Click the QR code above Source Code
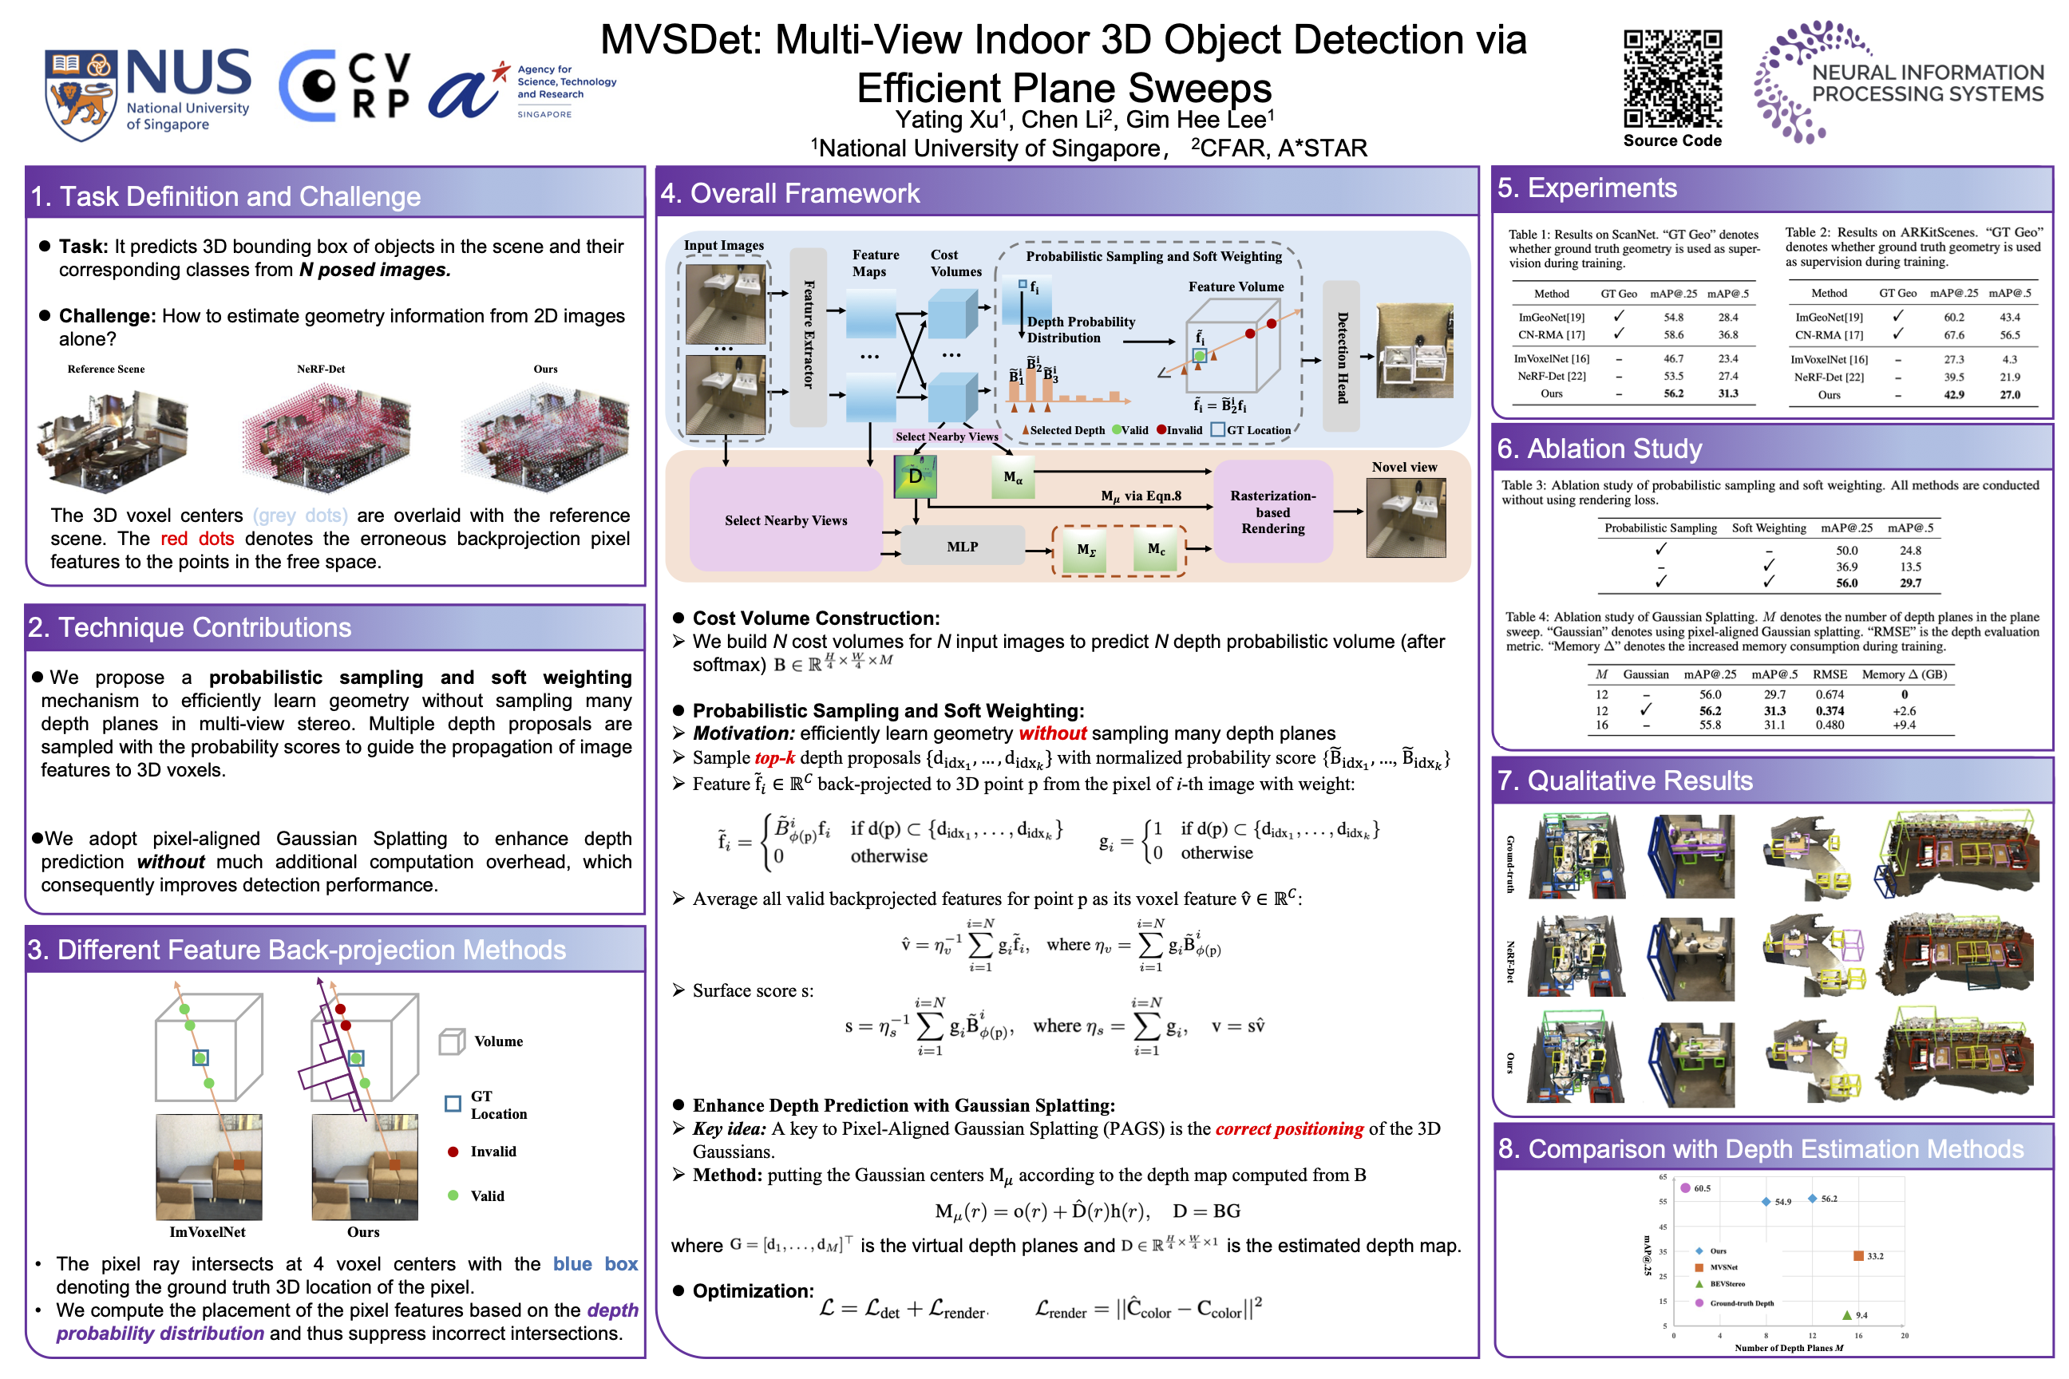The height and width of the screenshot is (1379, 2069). [1672, 79]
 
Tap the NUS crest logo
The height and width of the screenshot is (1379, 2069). [81, 95]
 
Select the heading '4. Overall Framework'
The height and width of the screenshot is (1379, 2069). [789, 193]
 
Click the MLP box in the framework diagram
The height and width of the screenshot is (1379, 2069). [963, 547]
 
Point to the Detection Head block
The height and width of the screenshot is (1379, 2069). [1342, 356]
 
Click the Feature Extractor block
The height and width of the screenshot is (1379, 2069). [809, 336]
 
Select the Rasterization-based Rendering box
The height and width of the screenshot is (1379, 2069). [1273, 512]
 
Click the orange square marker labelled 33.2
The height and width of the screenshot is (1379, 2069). [1859, 1256]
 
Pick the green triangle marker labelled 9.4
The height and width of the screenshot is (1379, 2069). [1846, 1315]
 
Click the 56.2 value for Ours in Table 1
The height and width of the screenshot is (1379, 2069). [1673, 394]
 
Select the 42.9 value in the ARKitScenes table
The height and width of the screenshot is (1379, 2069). [1954, 395]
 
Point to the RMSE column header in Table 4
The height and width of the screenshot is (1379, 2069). [1830, 674]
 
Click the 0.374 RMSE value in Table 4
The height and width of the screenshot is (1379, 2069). [1830, 710]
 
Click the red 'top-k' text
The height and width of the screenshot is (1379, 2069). [774, 758]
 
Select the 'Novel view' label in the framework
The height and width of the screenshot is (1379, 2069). [1404, 467]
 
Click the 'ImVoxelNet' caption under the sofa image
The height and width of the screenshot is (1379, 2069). [208, 1232]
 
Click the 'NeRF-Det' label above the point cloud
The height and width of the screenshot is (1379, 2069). [321, 369]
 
